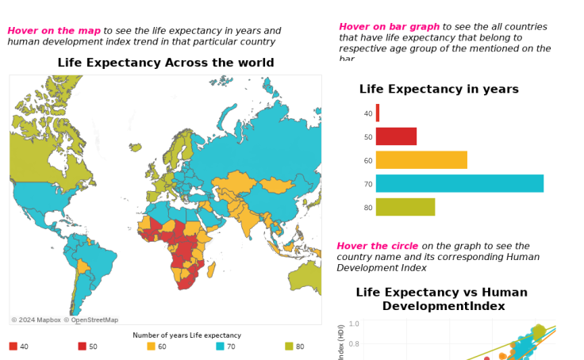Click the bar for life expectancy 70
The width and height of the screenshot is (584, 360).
pos(459,183)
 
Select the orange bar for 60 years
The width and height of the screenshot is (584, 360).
pos(421,160)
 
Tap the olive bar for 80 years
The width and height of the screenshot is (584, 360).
pos(405,207)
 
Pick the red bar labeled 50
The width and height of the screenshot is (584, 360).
pos(396,136)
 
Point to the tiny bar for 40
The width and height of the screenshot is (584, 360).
pos(378,113)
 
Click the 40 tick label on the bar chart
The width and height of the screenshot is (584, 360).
pos(367,114)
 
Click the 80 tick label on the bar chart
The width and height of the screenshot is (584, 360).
pos(367,208)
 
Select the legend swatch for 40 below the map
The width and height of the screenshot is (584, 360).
pos(13,347)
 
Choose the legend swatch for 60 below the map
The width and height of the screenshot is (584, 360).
pos(151,347)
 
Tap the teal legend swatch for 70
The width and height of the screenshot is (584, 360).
pos(220,347)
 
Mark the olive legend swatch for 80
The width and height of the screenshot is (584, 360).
pos(289,347)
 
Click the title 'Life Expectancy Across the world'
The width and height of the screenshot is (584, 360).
pos(166,63)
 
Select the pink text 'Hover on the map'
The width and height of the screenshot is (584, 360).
pos(54,31)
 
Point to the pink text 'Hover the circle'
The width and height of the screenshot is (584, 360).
pos(378,246)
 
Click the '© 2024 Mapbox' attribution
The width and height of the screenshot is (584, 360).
pos(36,320)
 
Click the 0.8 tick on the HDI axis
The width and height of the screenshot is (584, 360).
pos(354,343)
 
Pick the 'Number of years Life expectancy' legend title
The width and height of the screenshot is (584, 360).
pos(186,335)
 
